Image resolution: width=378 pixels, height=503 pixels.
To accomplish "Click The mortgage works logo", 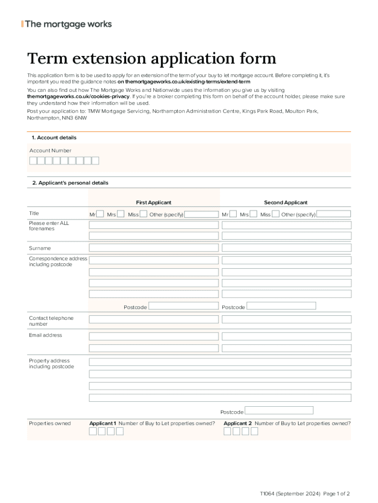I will pyautogui.click(x=67, y=24).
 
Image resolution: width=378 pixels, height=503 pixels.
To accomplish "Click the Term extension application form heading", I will pyautogui.click(x=151, y=59).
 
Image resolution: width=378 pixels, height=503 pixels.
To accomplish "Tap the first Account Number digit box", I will pyautogui.click(x=33, y=161).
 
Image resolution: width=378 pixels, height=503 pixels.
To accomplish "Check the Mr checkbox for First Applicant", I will pyautogui.click(x=100, y=214).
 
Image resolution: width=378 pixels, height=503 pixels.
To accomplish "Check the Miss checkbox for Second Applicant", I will pyautogui.click(x=276, y=214).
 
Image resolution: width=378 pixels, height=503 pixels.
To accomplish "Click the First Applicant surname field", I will pyautogui.click(x=154, y=248).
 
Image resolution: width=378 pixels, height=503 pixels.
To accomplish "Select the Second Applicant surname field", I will pyautogui.click(x=287, y=248).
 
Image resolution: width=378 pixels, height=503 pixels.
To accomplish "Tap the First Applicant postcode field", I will pyautogui.click(x=183, y=306).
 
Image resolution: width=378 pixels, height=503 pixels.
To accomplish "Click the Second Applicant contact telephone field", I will pyautogui.click(x=287, y=319).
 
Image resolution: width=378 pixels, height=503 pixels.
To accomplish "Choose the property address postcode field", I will pyautogui.click(x=279, y=411).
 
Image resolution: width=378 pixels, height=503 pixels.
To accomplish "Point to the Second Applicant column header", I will pyautogui.click(x=286, y=202).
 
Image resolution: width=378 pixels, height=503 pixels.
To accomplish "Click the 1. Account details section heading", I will pyautogui.click(x=54, y=138).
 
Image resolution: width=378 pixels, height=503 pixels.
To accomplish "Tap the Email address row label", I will pyautogui.click(x=46, y=335).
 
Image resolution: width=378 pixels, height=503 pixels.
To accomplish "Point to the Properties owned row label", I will pyautogui.click(x=50, y=423).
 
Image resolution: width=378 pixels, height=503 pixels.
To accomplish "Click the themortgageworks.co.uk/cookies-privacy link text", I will pyautogui.click(x=78, y=97).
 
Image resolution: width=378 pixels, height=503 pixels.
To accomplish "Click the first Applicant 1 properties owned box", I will pyautogui.click(x=93, y=432).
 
